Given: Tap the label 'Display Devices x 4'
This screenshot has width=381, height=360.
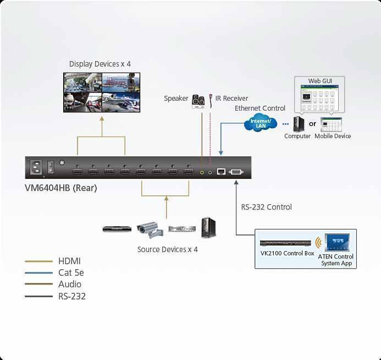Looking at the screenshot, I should tap(100, 64).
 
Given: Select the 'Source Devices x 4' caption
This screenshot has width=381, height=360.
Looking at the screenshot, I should tap(167, 249).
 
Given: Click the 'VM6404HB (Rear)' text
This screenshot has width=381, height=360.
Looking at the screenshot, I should tap(61, 188).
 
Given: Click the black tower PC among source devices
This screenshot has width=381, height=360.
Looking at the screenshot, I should tap(208, 227).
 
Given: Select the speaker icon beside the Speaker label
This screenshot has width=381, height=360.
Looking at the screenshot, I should tap(198, 101).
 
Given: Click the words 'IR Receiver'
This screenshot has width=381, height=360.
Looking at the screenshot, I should tap(231, 99).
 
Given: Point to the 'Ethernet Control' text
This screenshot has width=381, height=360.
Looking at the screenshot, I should tap(260, 108).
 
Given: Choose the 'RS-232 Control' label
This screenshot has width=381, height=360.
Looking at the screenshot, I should tap(266, 207).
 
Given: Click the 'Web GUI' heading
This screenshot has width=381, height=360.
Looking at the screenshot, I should tap(319, 81).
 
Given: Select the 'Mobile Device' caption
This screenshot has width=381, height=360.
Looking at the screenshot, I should tap(333, 136).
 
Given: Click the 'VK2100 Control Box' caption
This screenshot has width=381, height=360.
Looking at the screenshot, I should tap(287, 254).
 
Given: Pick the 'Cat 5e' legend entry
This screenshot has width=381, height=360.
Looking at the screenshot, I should tap(71, 272).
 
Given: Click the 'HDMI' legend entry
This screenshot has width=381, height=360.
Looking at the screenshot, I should tap(70, 261).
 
